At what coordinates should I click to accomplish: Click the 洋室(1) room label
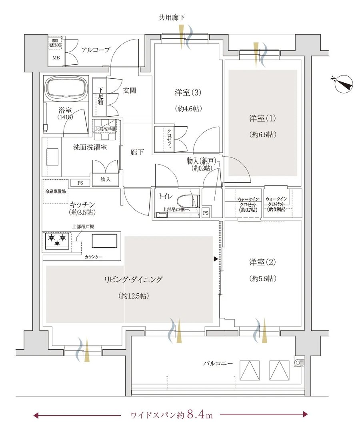pyautogui.click(x=262, y=118)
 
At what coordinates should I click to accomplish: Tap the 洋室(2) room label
pyautogui.click(x=262, y=262)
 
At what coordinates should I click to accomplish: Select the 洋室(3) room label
pyautogui.click(x=188, y=93)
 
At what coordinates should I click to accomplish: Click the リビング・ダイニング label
pyautogui.click(x=133, y=279)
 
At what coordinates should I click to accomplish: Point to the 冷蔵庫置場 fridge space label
pyautogui.click(x=56, y=191)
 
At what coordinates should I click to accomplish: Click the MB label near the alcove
pyautogui.click(x=56, y=58)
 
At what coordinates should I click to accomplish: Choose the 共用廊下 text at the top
pyautogui.click(x=172, y=18)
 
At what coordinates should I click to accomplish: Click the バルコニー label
pyautogui.click(x=218, y=363)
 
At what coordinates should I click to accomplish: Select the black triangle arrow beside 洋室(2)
pyautogui.click(x=216, y=259)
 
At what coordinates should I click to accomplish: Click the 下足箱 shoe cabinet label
pyautogui.click(x=100, y=96)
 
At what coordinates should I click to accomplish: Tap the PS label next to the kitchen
pyautogui.click(x=80, y=183)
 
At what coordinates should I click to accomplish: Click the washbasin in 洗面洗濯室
pyautogui.click(x=52, y=157)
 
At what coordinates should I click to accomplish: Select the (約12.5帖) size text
pyautogui.click(x=134, y=296)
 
